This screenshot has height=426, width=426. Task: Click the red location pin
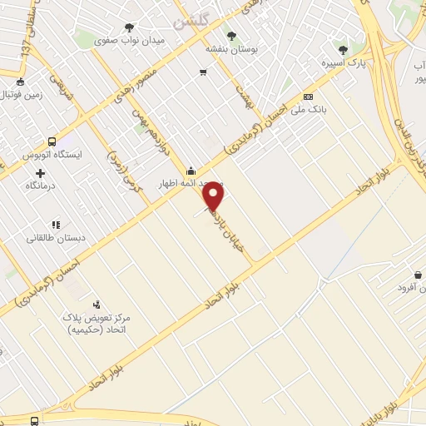214,195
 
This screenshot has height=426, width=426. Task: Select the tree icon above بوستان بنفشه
231,35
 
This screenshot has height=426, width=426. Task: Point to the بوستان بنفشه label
232,49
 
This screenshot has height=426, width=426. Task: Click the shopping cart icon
203,72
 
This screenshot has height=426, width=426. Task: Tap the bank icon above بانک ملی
308,97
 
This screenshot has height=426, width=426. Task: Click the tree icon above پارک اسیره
343,50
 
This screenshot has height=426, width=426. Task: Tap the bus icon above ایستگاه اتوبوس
52,142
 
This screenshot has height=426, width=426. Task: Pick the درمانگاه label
40,186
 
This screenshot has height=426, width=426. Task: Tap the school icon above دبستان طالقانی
56,225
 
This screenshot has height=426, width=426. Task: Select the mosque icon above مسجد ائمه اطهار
192,171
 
